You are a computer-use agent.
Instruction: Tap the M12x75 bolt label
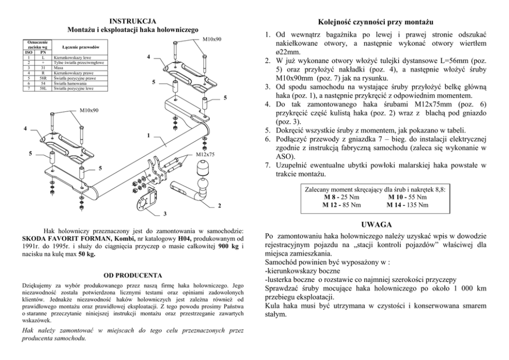[x=205, y=154]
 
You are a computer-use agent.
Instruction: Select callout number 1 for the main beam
[x=148, y=136]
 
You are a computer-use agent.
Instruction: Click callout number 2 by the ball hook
[x=220, y=206]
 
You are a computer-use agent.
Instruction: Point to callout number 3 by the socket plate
[x=164, y=213]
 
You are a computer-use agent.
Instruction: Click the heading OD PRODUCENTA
[x=133, y=275]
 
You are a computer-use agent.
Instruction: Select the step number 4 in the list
[x=267, y=104]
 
